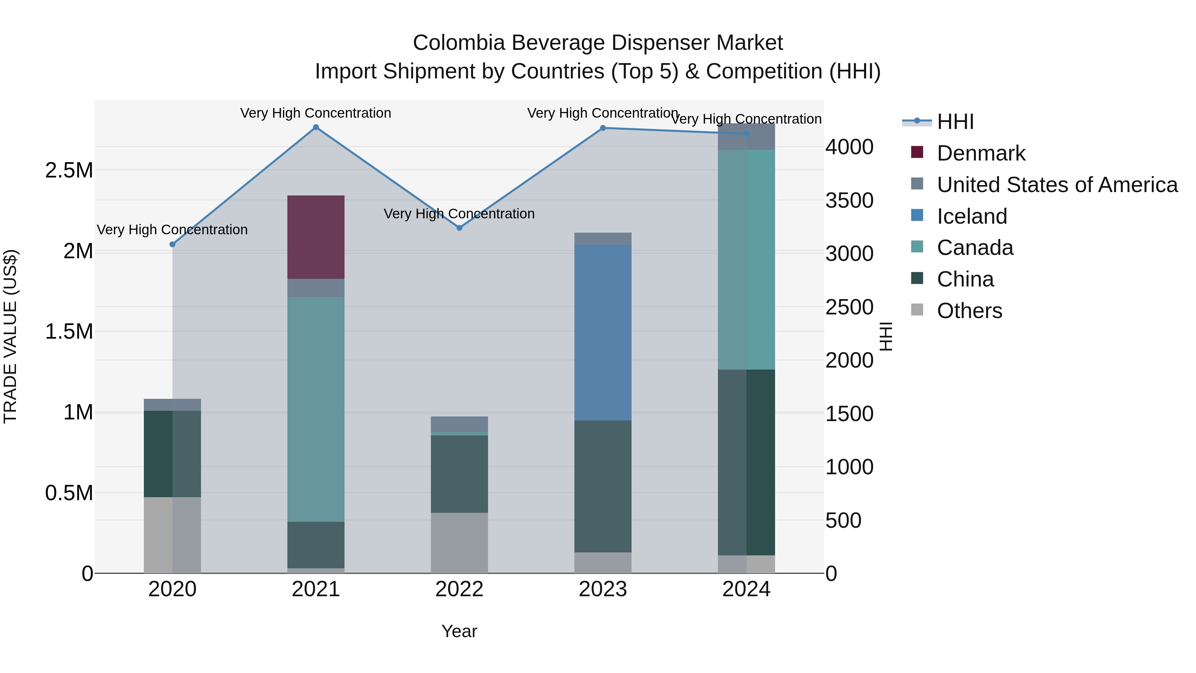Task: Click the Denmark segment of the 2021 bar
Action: (x=316, y=237)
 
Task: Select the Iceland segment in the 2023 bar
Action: (x=603, y=333)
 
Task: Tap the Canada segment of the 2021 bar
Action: (x=316, y=409)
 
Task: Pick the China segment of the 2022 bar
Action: (x=459, y=474)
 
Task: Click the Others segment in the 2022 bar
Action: (x=459, y=542)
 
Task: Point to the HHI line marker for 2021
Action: (x=316, y=127)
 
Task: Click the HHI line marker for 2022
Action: (x=459, y=228)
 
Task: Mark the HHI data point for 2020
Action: (x=172, y=244)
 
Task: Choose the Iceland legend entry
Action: (x=971, y=216)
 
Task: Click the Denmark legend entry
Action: (x=981, y=153)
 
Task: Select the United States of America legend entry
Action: (x=1057, y=185)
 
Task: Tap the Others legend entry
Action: (x=969, y=311)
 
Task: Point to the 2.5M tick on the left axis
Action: (x=69, y=170)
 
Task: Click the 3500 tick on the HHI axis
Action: (x=849, y=201)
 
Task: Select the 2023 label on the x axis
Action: (x=603, y=589)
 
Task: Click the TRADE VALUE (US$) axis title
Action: (x=10, y=336)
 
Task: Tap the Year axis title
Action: (x=459, y=631)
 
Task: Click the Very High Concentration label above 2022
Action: (x=459, y=214)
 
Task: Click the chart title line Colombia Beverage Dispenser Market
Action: (x=598, y=43)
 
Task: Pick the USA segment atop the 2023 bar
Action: (x=603, y=239)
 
